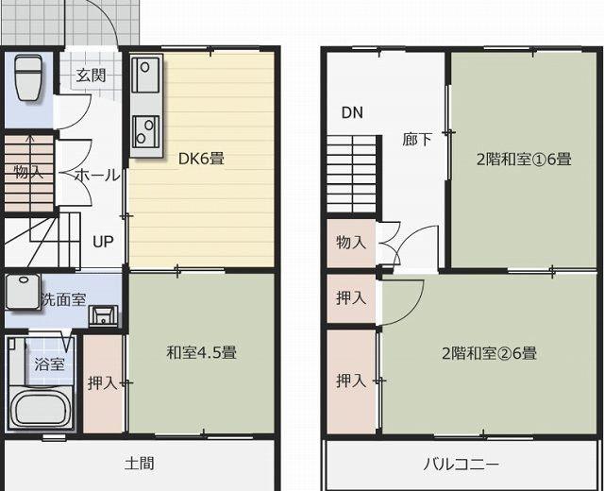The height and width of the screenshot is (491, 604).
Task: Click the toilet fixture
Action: (28, 77)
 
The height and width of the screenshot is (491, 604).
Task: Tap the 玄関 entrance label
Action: (91, 76)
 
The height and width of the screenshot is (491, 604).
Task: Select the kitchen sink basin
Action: (144, 75)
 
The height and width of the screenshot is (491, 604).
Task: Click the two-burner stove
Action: (145, 132)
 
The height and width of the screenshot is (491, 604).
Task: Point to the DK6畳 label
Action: (201, 159)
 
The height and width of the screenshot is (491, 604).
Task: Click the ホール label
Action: (97, 176)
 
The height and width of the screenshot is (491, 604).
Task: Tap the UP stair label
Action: (103, 242)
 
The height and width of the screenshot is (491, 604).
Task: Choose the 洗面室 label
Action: (63, 299)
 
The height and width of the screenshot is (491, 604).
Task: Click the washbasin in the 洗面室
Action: (103, 316)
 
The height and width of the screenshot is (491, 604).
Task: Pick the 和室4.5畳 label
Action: (201, 352)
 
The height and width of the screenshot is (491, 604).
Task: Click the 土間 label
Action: (140, 464)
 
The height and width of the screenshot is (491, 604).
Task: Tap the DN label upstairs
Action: (352, 112)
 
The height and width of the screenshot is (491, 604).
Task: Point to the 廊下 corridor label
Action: (417, 140)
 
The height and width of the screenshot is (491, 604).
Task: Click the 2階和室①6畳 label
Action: (524, 160)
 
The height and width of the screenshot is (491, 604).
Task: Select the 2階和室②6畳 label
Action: (489, 353)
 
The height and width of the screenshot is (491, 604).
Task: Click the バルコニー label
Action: (461, 464)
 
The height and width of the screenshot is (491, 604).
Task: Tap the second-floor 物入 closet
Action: (351, 244)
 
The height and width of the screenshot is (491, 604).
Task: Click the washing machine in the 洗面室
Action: (23, 291)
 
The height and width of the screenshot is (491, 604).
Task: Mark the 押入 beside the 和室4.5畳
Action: (103, 384)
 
